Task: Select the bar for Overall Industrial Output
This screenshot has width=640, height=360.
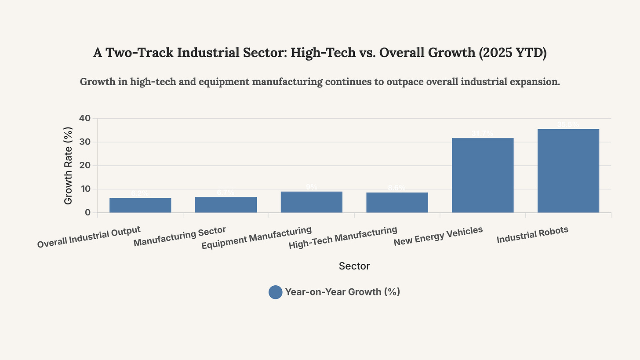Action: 140,205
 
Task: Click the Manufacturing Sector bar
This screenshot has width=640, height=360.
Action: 226,205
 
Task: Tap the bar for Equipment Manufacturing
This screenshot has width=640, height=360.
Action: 311,202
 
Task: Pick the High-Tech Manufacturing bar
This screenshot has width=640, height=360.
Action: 397,203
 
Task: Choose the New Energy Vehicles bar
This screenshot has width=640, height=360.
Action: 483,175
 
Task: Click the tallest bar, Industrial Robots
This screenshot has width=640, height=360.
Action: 568,171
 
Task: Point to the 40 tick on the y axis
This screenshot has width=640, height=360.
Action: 85,118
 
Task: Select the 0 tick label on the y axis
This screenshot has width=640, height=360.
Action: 88,213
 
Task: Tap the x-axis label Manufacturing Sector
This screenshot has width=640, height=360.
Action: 179,236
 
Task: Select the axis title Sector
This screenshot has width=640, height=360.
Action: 354,266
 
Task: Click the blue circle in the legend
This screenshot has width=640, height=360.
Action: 275,292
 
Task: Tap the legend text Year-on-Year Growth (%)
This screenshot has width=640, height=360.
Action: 342,292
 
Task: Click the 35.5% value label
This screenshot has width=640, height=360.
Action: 568,125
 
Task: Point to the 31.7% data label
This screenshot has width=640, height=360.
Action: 483,134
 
